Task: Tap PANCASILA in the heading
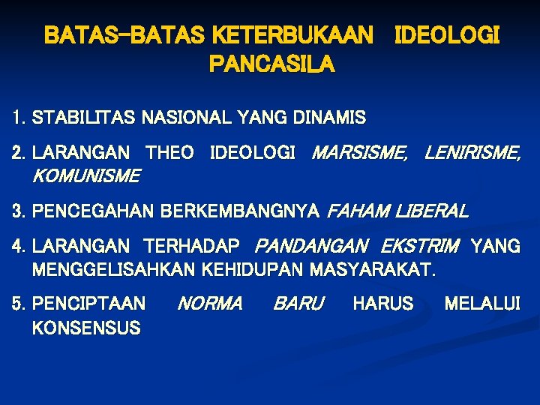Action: (x=271, y=66)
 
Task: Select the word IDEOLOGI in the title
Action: (x=446, y=35)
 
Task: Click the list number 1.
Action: (x=18, y=118)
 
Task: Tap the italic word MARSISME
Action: (x=359, y=154)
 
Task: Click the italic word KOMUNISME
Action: (x=85, y=176)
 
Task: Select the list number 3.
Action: (x=18, y=211)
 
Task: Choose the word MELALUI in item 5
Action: (x=481, y=304)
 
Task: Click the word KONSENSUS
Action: (x=86, y=327)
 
